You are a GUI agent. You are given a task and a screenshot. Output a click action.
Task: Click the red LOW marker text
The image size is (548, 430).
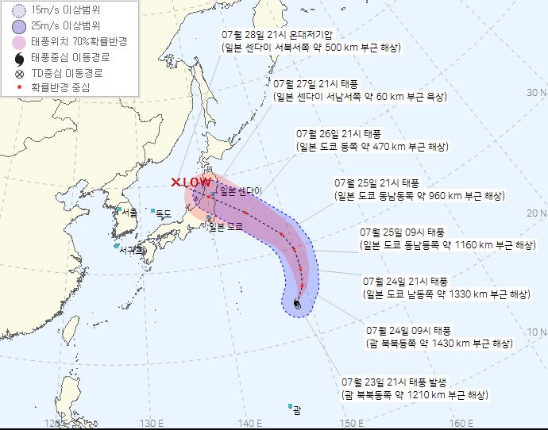coord(191,182)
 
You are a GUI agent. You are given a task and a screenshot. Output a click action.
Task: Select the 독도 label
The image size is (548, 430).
coord(164,213)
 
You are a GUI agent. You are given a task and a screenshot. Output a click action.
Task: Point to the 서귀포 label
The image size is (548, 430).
coord(131,249)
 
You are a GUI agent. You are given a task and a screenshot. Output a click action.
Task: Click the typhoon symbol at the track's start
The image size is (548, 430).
coord(297,303)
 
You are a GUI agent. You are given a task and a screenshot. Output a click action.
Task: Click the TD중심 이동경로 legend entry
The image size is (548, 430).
coord(67,72)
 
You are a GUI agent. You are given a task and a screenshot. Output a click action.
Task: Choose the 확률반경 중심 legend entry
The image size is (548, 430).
coord(59,87)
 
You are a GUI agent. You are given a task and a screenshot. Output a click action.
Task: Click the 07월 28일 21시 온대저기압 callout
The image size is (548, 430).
coord(311,42)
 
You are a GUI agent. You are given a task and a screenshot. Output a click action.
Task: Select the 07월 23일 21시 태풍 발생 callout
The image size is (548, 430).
coord(414,388)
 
